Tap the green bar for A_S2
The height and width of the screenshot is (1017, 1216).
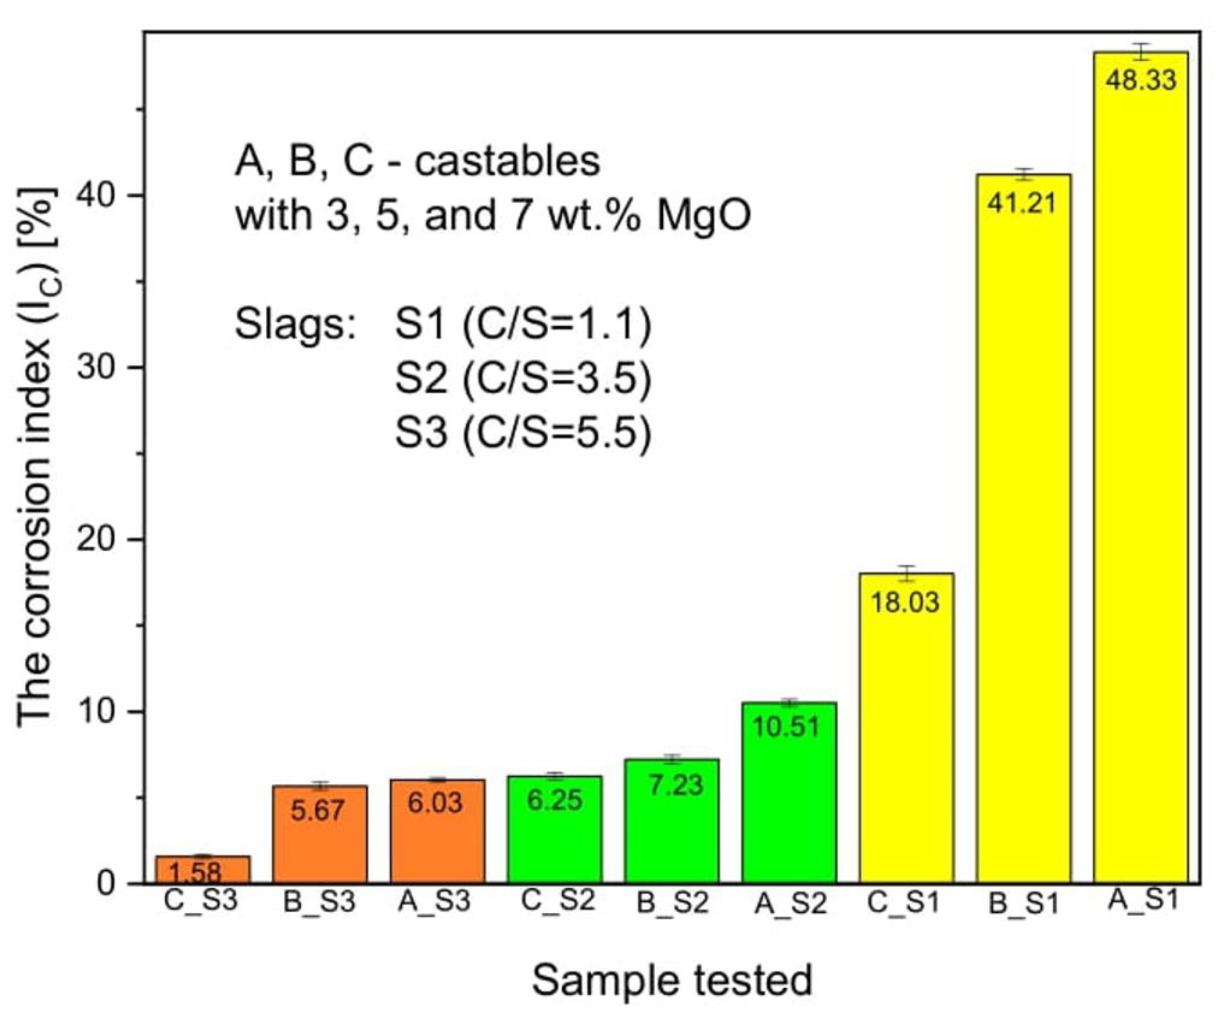tap(789, 811)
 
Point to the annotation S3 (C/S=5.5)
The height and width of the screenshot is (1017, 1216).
tap(523, 433)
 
